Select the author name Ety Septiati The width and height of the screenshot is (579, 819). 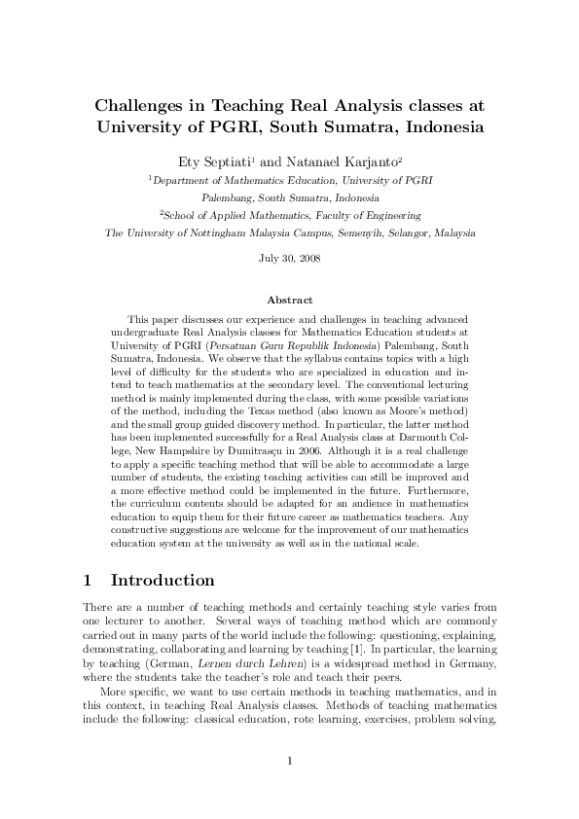[212, 160]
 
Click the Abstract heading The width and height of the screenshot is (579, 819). [289, 301]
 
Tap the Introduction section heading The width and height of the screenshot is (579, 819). [163, 581]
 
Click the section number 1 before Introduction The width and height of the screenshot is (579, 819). [88, 581]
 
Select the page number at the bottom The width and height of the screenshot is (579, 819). [289, 761]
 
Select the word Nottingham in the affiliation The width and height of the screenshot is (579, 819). [233, 233]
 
